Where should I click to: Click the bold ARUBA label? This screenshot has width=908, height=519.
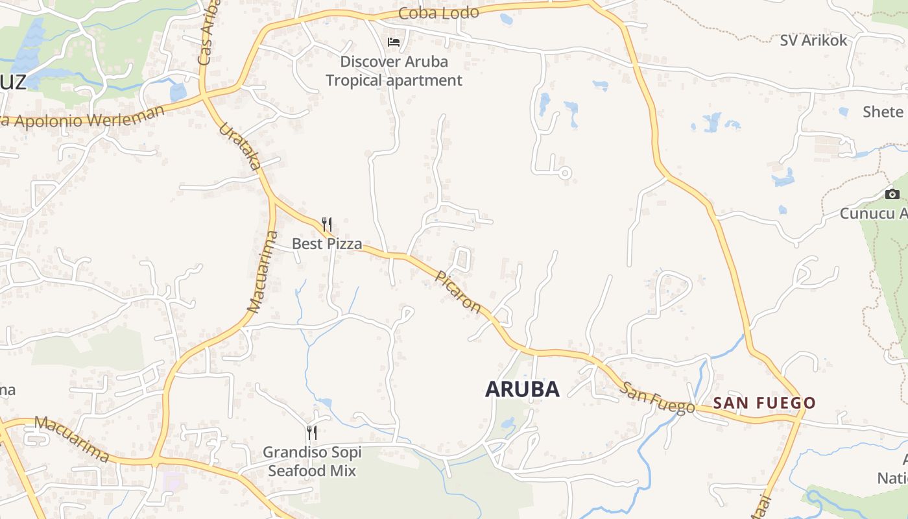[522, 389]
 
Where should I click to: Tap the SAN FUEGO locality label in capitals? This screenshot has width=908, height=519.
[764, 403]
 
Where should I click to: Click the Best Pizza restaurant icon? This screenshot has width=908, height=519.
[327, 224]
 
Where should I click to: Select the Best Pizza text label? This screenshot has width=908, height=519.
[327, 244]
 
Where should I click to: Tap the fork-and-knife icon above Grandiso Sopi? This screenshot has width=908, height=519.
[312, 432]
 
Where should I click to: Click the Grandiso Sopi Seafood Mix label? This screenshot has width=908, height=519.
[312, 461]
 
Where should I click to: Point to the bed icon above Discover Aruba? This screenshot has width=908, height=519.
[394, 42]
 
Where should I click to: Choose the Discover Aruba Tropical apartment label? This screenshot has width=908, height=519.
[394, 71]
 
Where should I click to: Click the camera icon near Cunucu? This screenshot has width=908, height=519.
[892, 194]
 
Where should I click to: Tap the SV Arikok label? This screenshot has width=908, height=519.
[813, 40]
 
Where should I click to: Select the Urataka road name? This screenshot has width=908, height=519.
[241, 147]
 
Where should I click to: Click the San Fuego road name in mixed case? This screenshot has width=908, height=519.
[657, 398]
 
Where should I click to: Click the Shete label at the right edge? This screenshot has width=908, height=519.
[883, 112]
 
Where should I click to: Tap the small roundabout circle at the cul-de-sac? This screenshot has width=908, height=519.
[564, 173]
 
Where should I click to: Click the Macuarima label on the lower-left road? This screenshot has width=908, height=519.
[71, 439]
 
